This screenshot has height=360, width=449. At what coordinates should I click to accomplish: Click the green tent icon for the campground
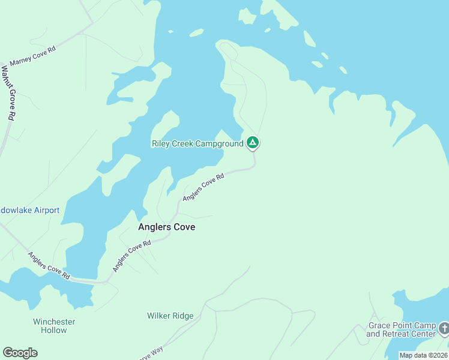[x=253, y=143]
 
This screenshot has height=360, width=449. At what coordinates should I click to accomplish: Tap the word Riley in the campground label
[x=161, y=143]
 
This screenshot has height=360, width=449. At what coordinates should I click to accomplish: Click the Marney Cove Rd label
[x=33, y=56]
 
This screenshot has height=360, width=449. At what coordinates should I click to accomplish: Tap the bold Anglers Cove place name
[x=166, y=227]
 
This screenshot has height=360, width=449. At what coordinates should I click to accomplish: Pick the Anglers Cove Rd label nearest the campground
[x=203, y=187]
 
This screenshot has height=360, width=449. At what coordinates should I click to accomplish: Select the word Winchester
[x=54, y=322]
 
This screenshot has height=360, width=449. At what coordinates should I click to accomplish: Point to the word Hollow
[x=54, y=330]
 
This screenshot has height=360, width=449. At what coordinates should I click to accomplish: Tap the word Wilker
[x=159, y=316]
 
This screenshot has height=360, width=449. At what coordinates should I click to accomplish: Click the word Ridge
[x=183, y=316]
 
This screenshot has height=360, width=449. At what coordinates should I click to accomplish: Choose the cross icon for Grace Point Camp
[x=443, y=328]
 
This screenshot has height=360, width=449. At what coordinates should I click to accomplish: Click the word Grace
[x=379, y=326]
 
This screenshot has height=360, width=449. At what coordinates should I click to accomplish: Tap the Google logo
[x=20, y=353]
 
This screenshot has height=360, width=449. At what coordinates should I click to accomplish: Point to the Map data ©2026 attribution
[x=423, y=355]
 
